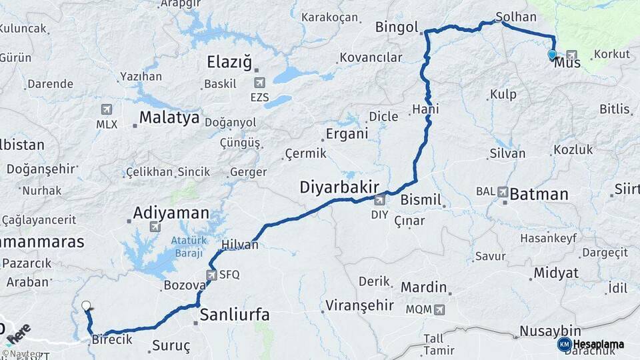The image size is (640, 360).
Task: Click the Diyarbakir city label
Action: pyautogui.click(x=339, y=187)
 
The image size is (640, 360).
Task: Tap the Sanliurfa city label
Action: pyautogui.click(x=235, y=315)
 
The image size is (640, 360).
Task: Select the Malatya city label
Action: pyautogui.click(x=169, y=118)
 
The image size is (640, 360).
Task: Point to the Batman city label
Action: pyautogui.click(x=539, y=194)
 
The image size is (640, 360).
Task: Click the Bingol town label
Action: pyautogui.click(x=396, y=28)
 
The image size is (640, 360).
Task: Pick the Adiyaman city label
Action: pyautogui.click(x=171, y=213)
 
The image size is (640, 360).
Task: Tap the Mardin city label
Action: pyautogui.click(x=423, y=288)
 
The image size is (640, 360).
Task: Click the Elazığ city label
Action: pyautogui.click(x=229, y=63)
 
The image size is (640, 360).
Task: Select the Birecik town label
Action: pyautogui.click(x=112, y=340)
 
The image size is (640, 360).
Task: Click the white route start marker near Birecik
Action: pyautogui.click(x=86, y=306)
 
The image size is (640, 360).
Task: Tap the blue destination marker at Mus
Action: pyautogui.click(x=552, y=54)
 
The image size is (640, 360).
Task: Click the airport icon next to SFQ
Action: pyautogui.click(x=212, y=274)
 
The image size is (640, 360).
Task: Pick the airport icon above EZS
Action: pyautogui.click(x=259, y=83)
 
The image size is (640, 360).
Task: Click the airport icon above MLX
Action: pyautogui.click(x=105, y=109)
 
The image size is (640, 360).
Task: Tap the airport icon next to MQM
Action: pyautogui.click(x=439, y=309)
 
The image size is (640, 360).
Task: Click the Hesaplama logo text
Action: pyautogui.click(x=599, y=345)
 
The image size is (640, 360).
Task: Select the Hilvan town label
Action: pyautogui.click(x=239, y=245)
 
